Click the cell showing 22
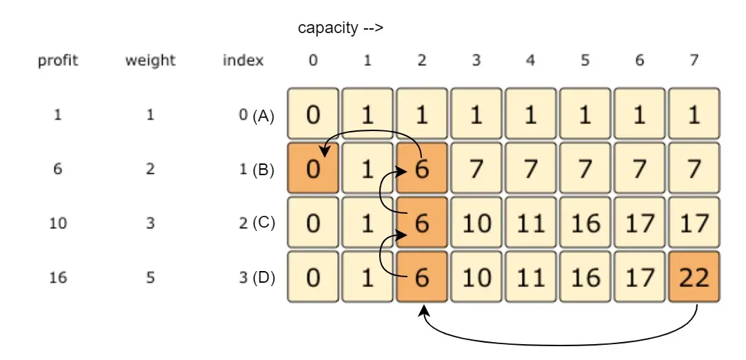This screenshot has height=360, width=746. [x=694, y=277]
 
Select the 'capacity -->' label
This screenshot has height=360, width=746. [x=341, y=28]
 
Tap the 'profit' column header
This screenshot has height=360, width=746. [x=58, y=61]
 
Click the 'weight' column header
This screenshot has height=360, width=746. [x=150, y=61]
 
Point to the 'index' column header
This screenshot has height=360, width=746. [x=243, y=61]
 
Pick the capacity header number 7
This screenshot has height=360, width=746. [x=694, y=61]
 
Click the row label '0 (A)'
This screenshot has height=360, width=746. [x=256, y=115]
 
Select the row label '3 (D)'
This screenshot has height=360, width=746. [x=257, y=277]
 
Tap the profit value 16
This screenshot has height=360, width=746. [x=58, y=277]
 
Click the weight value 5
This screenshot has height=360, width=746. [x=150, y=277]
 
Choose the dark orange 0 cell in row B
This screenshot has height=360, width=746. [x=313, y=168]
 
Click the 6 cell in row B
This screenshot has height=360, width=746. [x=422, y=168]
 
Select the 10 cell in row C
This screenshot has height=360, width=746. [x=476, y=223]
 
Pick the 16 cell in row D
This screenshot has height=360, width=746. [x=585, y=277]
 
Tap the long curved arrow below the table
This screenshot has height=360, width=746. [x=559, y=344]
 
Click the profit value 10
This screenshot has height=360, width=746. [x=58, y=223]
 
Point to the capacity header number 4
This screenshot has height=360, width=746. [x=530, y=61]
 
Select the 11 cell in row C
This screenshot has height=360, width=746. [x=530, y=223]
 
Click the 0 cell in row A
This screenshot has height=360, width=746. [x=313, y=113]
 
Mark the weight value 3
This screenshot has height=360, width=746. [x=150, y=223]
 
